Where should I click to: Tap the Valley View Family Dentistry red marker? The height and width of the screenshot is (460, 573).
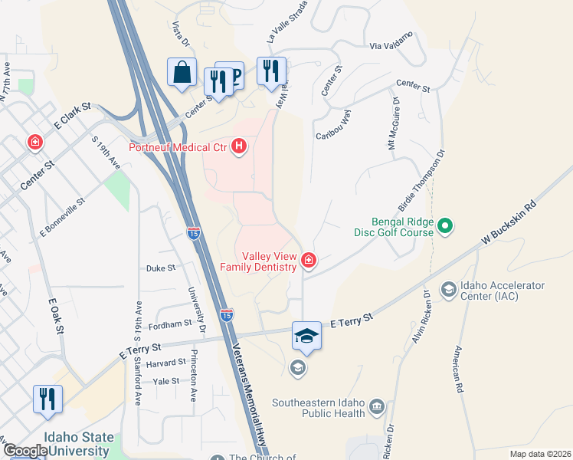coord(309,261)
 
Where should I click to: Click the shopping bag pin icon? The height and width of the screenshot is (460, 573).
coord(182,74)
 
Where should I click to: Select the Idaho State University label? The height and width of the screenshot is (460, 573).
coord(77,445)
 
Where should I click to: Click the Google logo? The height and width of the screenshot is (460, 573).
coord(25,451)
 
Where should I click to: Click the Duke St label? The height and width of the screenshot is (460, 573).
coord(161,268)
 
